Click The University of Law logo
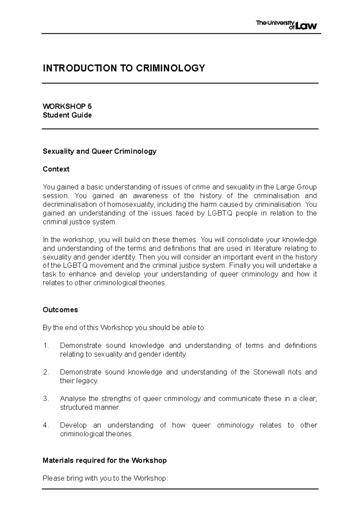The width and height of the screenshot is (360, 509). coord(286,25)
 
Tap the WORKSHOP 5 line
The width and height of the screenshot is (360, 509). coord(67,106)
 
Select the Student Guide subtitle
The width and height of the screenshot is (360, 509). coord(67,115)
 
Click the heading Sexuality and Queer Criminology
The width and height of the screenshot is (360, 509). coord(100,151)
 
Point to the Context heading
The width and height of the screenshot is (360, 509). coord(56,169)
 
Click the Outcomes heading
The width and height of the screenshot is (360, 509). coord(60,310)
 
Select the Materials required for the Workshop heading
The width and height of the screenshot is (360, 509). coord(105,460)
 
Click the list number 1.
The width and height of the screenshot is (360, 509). coord(46,346)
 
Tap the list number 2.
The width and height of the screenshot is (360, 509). coord(46,372)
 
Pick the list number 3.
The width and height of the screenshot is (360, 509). coord(46,399)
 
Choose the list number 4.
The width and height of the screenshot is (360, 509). coord(46,425)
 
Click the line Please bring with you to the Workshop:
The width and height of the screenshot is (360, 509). coord(105,478)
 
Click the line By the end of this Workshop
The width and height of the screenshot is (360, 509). coord(124,328)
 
